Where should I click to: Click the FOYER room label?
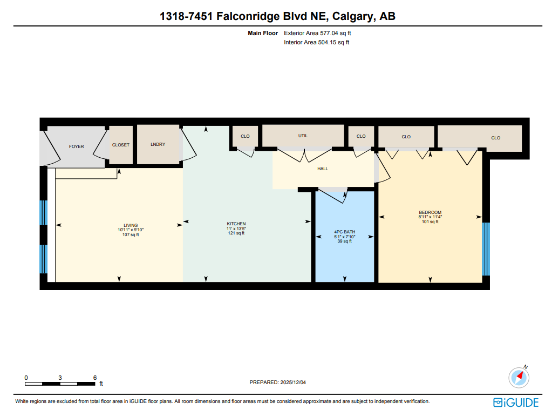[76, 146]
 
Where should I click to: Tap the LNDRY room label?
[158, 144]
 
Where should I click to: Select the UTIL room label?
[303, 136]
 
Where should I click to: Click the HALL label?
[323, 169]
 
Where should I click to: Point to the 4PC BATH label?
[345, 232]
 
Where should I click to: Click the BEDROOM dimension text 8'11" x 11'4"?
[430, 217]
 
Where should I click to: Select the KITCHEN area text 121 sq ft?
[236, 233]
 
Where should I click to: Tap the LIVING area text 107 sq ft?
[131, 234]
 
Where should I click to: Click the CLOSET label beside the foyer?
[121, 145]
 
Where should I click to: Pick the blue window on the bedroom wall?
[486, 249]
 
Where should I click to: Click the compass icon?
[519, 377]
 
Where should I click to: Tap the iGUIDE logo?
[516, 402]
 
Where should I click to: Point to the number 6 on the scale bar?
[94, 378]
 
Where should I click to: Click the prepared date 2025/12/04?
[293, 383]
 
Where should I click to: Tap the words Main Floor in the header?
[263, 33]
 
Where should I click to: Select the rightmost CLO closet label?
[495, 138]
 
